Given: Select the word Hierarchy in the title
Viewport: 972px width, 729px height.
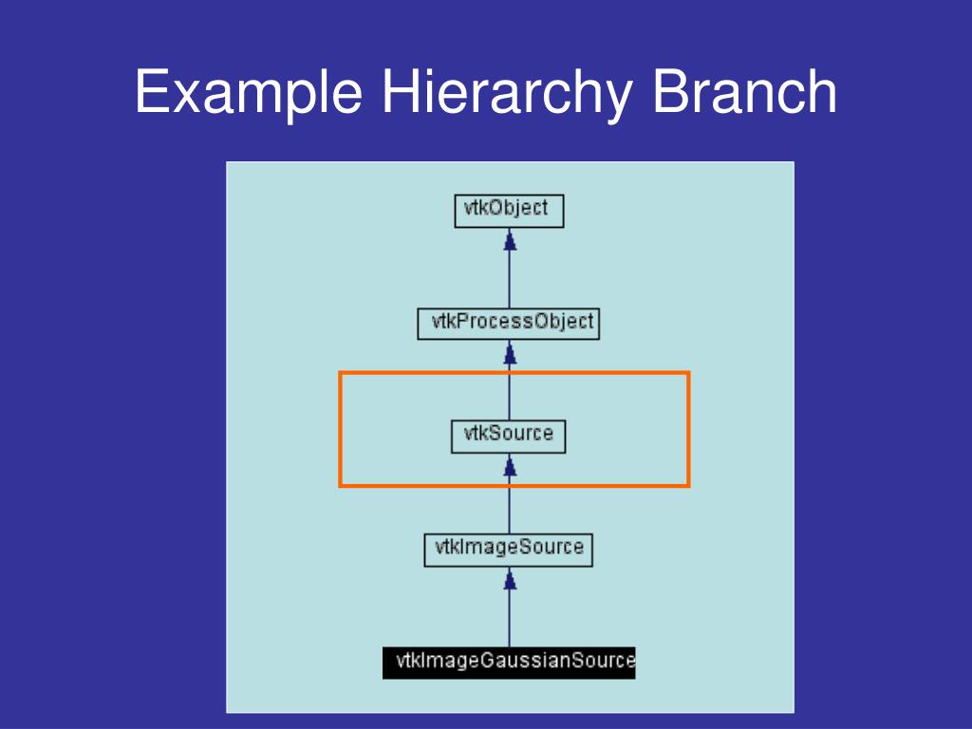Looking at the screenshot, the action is (507, 92).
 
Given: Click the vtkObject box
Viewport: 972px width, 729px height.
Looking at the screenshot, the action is (509, 211).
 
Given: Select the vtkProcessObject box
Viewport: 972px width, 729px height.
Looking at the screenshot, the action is (509, 324).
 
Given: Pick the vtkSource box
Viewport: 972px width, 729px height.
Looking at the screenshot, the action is (509, 437).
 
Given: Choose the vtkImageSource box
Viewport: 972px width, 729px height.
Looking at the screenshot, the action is (509, 550).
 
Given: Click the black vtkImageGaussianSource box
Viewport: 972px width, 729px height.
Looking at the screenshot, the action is (509, 663).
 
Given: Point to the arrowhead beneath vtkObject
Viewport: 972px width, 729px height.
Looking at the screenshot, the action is (510, 240).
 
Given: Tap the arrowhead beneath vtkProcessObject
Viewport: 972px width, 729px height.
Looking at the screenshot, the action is (510, 353).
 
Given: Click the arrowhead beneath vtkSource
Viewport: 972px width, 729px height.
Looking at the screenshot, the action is (510, 466).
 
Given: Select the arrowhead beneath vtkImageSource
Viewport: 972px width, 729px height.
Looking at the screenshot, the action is (510, 580).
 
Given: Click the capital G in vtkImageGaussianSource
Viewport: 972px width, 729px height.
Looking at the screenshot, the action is (487, 661).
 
